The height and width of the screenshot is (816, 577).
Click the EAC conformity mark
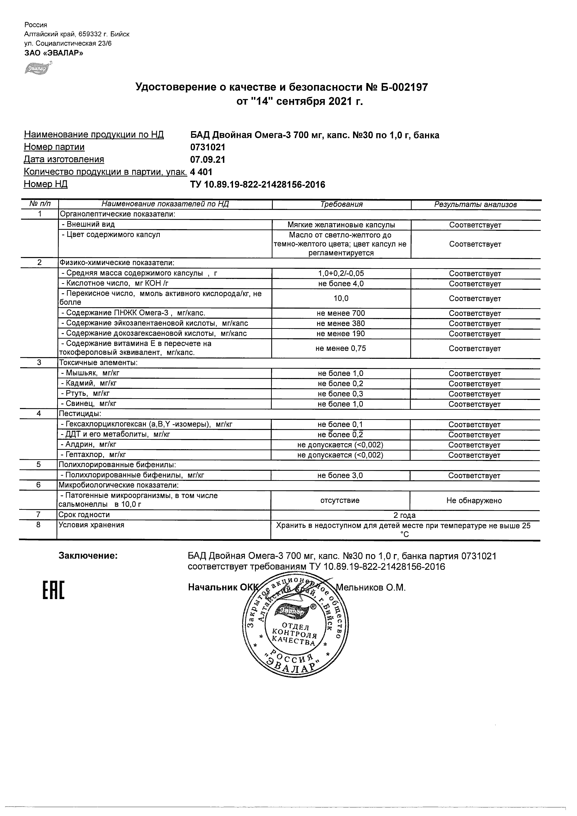(54, 590)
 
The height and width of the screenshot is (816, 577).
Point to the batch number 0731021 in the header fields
(208, 147)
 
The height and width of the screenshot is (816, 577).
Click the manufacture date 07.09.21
(208, 160)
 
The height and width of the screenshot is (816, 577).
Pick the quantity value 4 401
(202, 172)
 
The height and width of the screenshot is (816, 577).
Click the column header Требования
(341, 204)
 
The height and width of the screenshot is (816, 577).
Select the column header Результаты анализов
(475, 205)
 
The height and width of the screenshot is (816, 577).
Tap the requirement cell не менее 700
(341, 313)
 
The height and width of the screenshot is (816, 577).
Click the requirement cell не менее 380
(341, 323)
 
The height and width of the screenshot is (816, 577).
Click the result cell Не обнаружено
(474, 501)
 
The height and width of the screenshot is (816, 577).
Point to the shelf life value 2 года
(405, 515)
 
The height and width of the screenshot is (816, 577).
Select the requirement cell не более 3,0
(340, 476)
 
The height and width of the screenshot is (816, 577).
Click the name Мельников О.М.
(370, 588)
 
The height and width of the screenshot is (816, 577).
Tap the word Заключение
(88, 556)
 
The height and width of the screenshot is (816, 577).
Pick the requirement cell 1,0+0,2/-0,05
(341, 273)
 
